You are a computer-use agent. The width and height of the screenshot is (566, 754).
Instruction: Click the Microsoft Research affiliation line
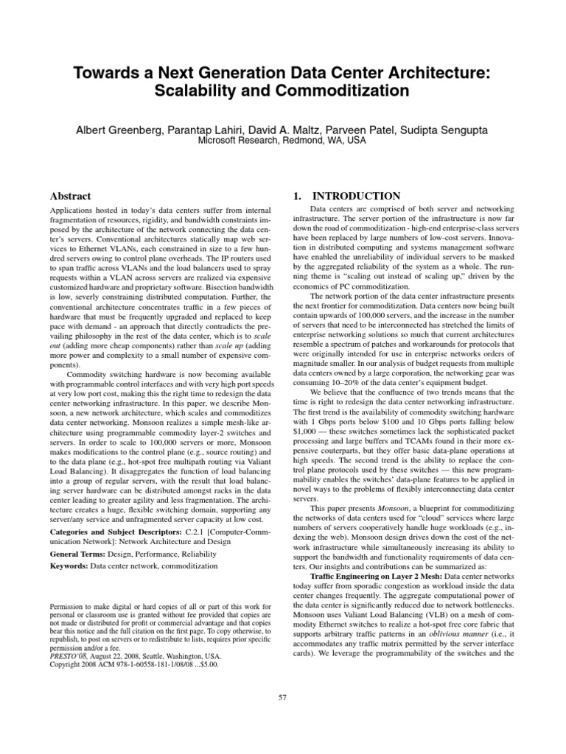(282, 141)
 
